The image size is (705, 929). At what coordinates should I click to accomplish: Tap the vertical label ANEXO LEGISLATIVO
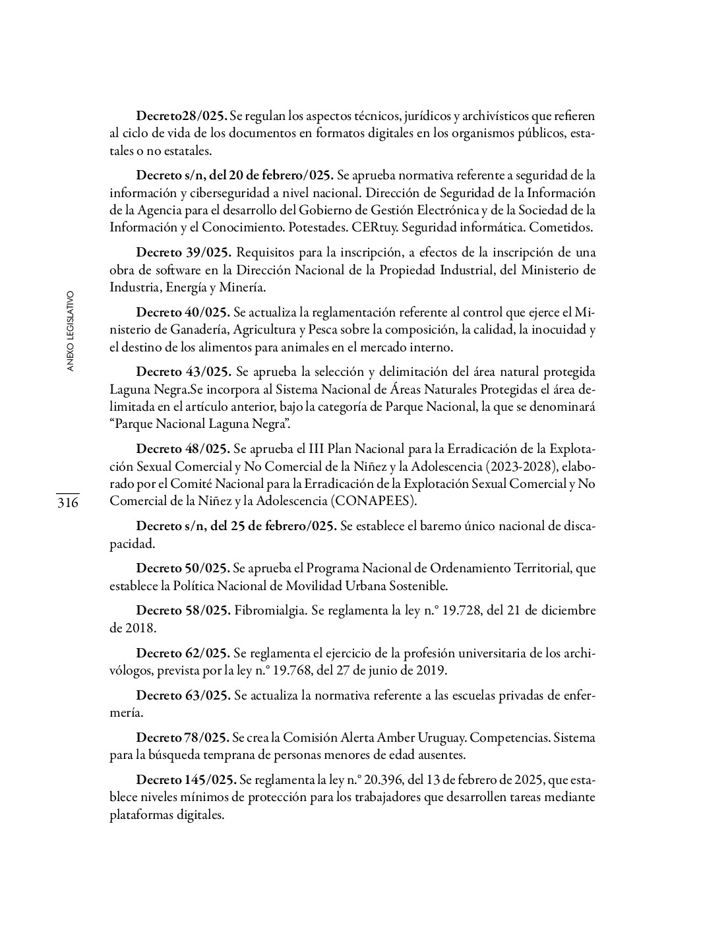click(x=71, y=330)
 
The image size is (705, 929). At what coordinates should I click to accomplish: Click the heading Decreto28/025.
click(x=181, y=116)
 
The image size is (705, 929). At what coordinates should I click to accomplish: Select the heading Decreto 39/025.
click(x=183, y=253)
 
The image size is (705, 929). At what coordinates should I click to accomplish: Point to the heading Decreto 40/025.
click(x=183, y=312)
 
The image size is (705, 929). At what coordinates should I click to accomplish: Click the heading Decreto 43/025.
click(x=183, y=371)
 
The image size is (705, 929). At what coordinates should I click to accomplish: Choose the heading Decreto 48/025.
click(x=183, y=449)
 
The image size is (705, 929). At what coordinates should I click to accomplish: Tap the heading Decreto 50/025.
click(x=183, y=568)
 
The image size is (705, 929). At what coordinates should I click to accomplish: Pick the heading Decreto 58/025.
click(x=183, y=611)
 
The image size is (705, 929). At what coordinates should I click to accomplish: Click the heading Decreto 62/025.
click(x=183, y=653)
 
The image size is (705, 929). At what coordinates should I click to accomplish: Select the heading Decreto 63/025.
click(x=183, y=696)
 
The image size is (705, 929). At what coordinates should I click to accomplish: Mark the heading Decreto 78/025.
click(x=182, y=738)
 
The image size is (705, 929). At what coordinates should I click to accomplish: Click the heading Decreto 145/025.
click(x=186, y=780)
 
